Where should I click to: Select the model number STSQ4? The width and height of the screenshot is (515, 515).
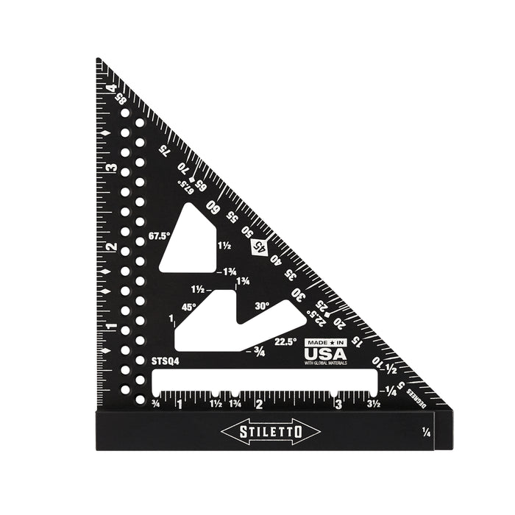coord(165,362)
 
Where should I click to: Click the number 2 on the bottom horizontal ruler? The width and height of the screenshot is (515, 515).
coord(258,404)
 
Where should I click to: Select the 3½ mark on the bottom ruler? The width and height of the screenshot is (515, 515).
coord(373,404)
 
